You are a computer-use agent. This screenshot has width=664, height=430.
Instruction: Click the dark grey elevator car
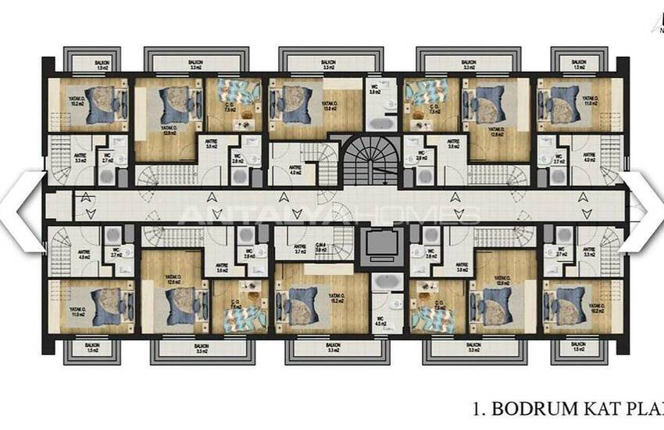(x=383, y=245)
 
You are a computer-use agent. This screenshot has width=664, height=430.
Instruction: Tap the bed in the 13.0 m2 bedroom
(x=283, y=102)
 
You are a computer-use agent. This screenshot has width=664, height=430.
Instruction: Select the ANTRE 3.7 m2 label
(x=301, y=250)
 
